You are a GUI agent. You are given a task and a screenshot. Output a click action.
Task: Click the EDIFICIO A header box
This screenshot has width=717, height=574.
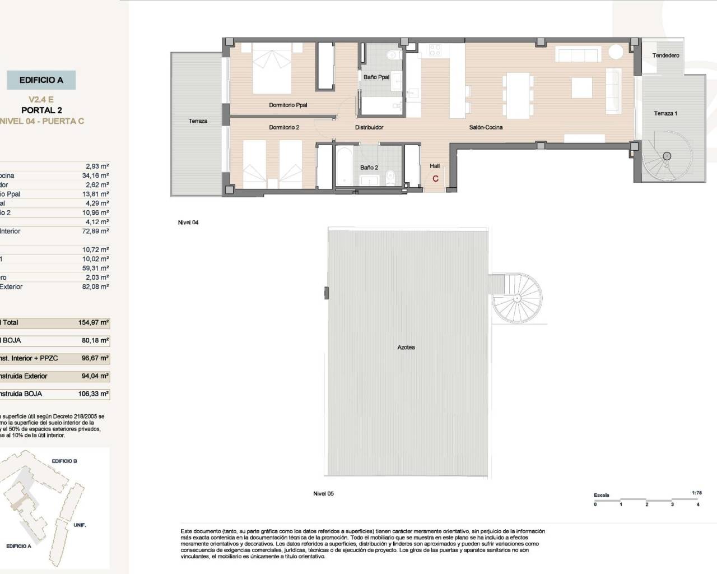tap(41, 80)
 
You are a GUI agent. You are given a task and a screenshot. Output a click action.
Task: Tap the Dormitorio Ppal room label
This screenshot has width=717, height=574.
tap(288, 105)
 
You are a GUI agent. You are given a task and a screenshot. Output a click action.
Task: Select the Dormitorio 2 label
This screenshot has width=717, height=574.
tap(284, 128)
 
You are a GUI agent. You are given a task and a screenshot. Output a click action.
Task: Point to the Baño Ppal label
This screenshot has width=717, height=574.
tap(376, 77)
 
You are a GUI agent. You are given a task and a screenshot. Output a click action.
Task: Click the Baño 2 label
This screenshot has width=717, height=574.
tap(369, 168)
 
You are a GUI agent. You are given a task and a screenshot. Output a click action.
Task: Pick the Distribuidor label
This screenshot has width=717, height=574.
tap(369, 128)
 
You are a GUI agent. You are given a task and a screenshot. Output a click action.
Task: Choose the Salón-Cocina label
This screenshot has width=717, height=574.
tap(486, 128)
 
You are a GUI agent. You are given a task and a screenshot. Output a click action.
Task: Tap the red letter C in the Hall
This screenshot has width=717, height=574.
tap(435, 179)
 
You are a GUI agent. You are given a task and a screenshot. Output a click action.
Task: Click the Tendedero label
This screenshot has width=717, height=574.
tap(665, 55)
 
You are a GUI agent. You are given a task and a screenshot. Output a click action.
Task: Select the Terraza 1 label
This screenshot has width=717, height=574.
tap(665, 114)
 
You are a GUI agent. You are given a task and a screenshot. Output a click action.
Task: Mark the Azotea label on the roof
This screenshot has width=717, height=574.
tap(406, 348)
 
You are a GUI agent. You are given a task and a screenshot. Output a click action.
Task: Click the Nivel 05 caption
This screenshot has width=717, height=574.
tap(323, 494)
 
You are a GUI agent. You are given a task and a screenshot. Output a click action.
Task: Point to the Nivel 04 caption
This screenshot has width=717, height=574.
tap(188, 223)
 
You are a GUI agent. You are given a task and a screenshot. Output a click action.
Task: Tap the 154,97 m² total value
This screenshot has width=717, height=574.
tap(94, 323)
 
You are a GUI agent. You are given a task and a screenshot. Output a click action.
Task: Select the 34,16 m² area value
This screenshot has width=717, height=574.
tap(95, 175)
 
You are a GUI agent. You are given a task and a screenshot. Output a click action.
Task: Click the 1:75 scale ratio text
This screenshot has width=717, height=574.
tap(697, 493)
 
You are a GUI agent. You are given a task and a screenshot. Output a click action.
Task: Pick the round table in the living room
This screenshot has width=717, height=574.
tap(616, 52)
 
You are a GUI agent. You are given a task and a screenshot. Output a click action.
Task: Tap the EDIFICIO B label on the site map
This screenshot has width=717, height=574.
tap(64, 461)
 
